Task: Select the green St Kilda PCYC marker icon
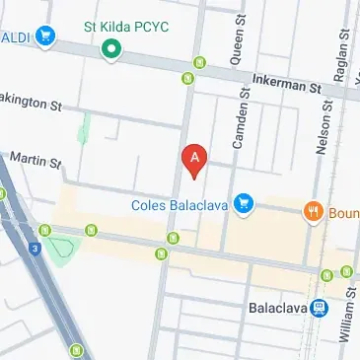[x=112, y=47]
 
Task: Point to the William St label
[x=346, y=316]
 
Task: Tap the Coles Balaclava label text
[x=180, y=205]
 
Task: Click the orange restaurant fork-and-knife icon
[x=315, y=209]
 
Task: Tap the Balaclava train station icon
[x=319, y=307]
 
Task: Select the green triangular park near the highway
[x=61, y=249]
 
